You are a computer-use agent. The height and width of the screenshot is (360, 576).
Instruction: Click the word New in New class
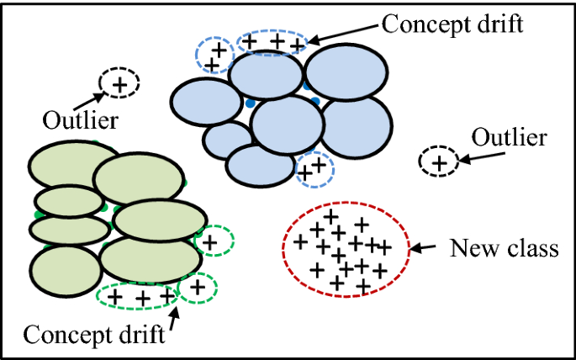[x=472, y=249]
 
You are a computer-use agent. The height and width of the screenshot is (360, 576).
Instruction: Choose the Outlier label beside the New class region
[x=509, y=137]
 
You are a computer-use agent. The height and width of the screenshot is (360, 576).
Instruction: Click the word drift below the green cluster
[x=140, y=335]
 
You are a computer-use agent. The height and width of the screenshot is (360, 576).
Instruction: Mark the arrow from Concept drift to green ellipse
[x=175, y=318]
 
